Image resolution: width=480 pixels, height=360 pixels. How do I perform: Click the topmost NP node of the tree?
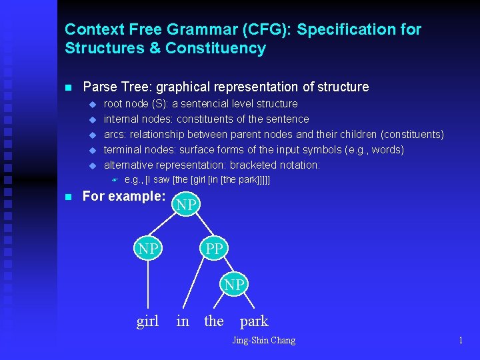[187, 205]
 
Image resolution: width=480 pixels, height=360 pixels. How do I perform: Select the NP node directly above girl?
[148, 249]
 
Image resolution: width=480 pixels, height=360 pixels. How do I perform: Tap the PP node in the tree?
[214, 249]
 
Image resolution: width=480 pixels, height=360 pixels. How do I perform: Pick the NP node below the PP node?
[234, 285]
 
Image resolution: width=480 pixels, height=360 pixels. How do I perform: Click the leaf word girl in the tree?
[147, 321]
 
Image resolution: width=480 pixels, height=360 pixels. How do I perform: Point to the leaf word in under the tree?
[183, 321]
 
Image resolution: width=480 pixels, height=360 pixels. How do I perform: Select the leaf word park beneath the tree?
[254, 321]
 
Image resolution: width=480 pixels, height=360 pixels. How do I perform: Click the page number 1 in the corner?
[461, 341]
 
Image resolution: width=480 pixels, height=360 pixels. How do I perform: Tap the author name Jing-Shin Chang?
[263, 341]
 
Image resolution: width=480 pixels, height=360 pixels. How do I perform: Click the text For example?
[124, 197]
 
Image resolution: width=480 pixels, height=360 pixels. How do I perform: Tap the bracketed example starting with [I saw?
[197, 180]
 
